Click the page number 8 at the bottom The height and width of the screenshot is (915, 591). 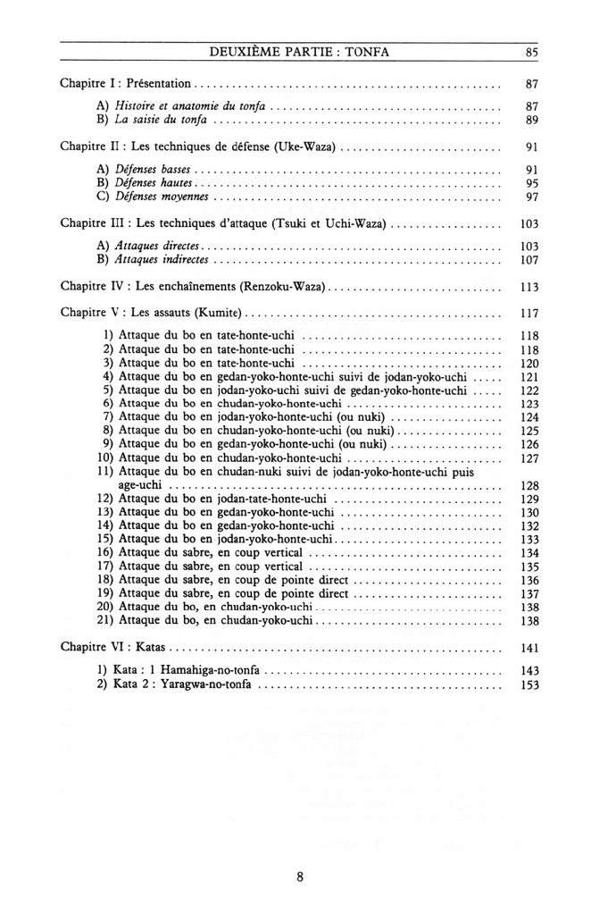pyautogui.click(x=300, y=877)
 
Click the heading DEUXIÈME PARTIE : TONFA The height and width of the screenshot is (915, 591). pyautogui.click(x=298, y=53)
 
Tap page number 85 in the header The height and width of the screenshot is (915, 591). pyautogui.click(x=531, y=53)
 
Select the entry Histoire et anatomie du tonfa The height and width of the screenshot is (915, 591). pyautogui.click(x=191, y=105)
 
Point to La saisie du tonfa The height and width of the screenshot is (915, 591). pyautogui.click(x=162, y=119)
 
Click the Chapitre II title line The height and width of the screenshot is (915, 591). pyautogui.click(x=199, y=146)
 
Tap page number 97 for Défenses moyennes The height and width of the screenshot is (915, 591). pyautogui.click(x=531, y=196)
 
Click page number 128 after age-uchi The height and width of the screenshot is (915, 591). pyautogui.click(x=529, y=485)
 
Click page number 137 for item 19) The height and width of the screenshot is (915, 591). pyautogui.click(x=529, y=593)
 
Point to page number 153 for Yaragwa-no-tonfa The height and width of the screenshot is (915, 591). pyautogui.click(x=529, y=684)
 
